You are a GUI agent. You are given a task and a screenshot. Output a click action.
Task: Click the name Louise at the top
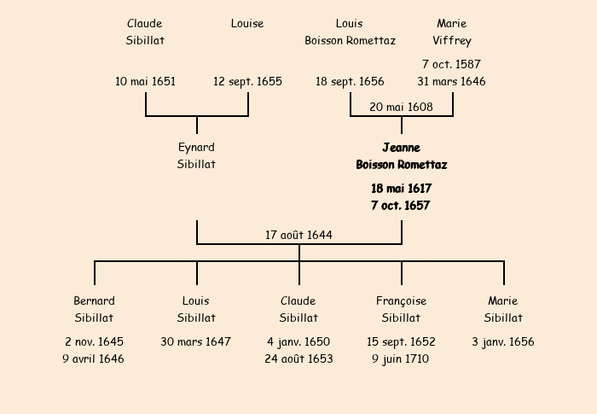[x=247, y=24]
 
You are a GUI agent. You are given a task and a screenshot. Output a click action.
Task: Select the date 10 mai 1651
[x=146, y=82]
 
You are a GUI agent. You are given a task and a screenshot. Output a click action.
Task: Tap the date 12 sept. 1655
[x=247, y=82]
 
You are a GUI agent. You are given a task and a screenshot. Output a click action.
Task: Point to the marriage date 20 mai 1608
[x=401, y=108]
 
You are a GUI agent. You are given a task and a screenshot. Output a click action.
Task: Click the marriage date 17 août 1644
[x=298, y=235]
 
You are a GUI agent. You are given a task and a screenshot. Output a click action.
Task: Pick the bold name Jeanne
[x=401, y=148]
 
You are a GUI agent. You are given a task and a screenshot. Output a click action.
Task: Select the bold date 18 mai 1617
[x=401, y=189]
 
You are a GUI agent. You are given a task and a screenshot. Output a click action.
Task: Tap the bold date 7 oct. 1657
[x=401, y=206]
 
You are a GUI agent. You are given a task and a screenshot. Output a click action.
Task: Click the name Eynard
[x=196, y=148]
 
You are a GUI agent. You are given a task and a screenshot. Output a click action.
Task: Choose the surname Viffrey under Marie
[x=452, y=41]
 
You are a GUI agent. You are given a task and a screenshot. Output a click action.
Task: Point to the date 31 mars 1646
[x=452, y=82]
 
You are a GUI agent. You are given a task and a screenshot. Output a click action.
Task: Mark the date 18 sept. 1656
[x=350, y=82]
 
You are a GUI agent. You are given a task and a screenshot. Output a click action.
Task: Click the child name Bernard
[x=94, y=301]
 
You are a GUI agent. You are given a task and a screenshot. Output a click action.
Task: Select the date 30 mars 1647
[x=196, y=342]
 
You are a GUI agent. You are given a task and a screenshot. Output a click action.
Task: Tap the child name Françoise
[x=401, y=301]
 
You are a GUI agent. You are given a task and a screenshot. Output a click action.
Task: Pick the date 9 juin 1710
[x=401, y=359]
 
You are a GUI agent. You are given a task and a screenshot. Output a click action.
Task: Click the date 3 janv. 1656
[x=503, y=342]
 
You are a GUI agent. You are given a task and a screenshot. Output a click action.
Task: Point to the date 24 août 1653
[x=298, y=359]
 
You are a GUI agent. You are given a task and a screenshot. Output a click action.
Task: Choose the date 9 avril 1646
[x=94, y=359]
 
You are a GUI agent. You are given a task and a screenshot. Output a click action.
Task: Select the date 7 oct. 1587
[x=452, y=65]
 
